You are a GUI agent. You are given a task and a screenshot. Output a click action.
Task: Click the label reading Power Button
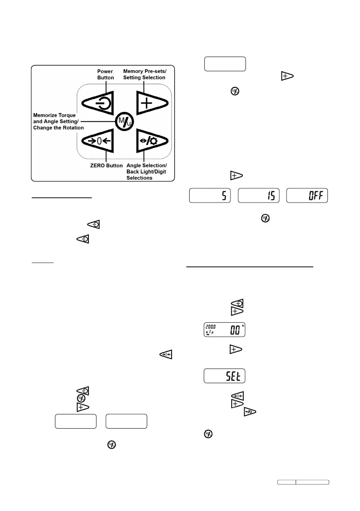pos(106,75)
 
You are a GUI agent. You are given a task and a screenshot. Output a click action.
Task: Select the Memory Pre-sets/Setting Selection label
pos(144,75)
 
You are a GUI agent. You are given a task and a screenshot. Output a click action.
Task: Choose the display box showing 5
pos(210,195)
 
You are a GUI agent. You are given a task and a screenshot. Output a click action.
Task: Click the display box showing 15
pos(259,195)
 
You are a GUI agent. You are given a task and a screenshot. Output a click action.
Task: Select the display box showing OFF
pos(307,195)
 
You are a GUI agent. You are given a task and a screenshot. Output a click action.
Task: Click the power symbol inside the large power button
pos(104,103)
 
